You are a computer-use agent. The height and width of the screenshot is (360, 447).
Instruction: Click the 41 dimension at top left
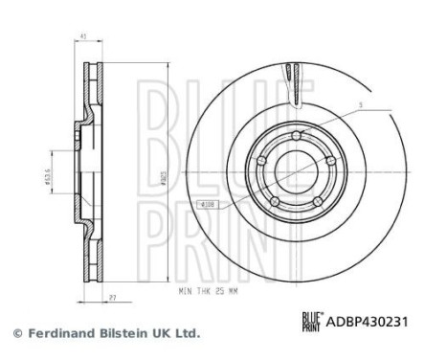coord(85,37)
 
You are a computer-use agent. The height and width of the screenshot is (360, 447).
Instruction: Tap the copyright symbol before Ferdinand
coord(15,334)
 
